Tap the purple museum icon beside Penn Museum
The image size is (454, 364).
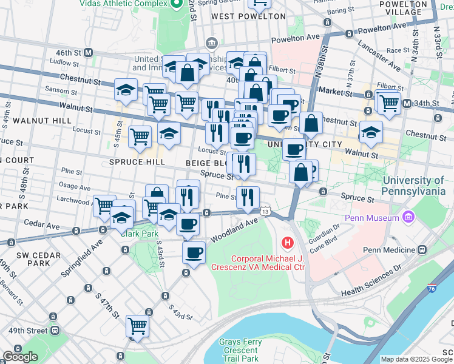point(408,217)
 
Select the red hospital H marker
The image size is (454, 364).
point(288,243)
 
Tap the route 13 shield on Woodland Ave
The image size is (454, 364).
point(265,212)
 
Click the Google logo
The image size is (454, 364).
point(20,357)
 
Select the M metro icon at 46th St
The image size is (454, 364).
point(89,53)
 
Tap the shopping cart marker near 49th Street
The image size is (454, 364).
point(137,326)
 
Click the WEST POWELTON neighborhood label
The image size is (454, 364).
point(248,16)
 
